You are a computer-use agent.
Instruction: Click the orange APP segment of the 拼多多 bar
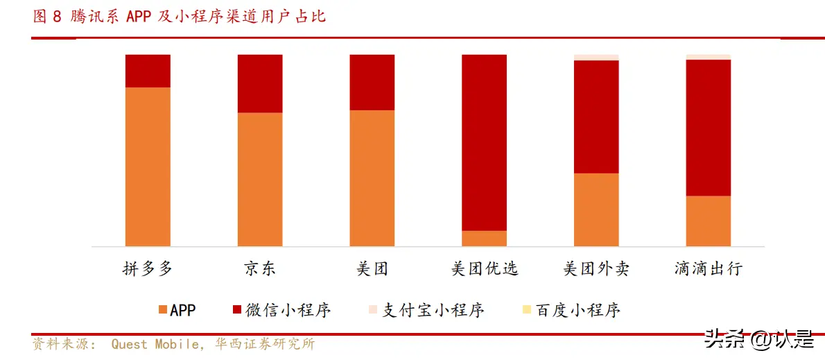[x=148, y=166]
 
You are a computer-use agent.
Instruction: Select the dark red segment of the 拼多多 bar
[x=148, y=71]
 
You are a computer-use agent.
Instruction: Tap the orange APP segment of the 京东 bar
[x=260, y=179]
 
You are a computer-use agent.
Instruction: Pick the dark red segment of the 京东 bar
[x=260, y=83]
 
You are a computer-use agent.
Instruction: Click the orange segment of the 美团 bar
[x=372, y=178]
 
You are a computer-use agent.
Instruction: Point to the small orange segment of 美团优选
[x=484, y=238]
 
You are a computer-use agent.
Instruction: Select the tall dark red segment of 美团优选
[x=484, y=142]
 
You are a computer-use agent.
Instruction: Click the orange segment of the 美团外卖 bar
[x=596, y=209]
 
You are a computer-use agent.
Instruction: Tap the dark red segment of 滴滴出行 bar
[x=709, y=128]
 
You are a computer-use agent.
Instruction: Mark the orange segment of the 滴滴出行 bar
[x=709, y=221]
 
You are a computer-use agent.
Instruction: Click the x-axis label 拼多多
[x=148, y=268]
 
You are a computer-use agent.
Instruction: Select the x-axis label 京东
[x=260, y=268]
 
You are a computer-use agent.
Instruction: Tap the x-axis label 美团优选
[x=485, y=268]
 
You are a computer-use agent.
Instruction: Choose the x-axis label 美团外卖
[x=596, y=268]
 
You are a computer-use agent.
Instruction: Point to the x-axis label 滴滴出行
[x=709, y=268]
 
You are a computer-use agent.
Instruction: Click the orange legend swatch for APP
[x=163, y=309]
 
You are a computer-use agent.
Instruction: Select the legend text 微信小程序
[x=288, y=309]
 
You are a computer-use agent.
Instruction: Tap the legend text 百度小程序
[x=577, y=309]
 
